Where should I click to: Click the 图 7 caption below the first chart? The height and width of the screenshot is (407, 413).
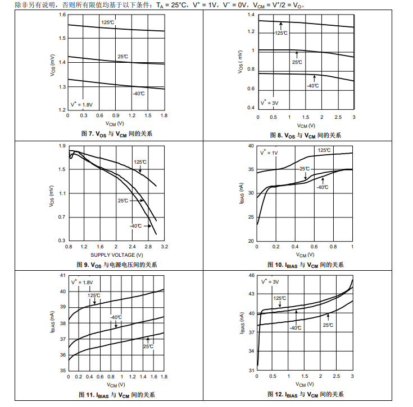tap(117, 134)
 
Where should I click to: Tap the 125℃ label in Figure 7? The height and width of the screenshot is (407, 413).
tap(108, 22)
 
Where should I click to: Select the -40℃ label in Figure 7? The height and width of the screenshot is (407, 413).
tap(139, 93)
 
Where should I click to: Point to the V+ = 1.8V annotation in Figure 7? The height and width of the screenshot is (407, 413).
tap(81, 104)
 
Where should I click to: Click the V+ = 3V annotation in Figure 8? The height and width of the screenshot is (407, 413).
tap(270, 103)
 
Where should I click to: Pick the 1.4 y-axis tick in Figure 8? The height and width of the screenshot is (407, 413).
tap(251, 14)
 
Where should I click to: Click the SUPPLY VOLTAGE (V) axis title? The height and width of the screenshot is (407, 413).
tap(113, 255)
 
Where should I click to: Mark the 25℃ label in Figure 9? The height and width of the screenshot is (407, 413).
tap(123, 200)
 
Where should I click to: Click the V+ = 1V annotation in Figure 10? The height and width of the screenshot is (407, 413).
tap(269, 152)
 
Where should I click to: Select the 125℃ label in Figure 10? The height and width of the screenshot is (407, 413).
tap(324, 150)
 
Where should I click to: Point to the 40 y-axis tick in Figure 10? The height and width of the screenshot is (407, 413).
tap(251, 146)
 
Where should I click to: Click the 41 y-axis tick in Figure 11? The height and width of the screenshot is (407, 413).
tap(63, 276)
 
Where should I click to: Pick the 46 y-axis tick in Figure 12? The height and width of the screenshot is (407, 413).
tap(251, 276)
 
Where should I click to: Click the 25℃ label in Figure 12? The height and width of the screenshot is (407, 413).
tap(328, 325)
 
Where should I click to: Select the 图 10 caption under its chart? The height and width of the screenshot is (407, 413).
tap(307, 265)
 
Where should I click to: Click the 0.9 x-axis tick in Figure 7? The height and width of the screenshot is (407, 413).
tap(116, 115)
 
